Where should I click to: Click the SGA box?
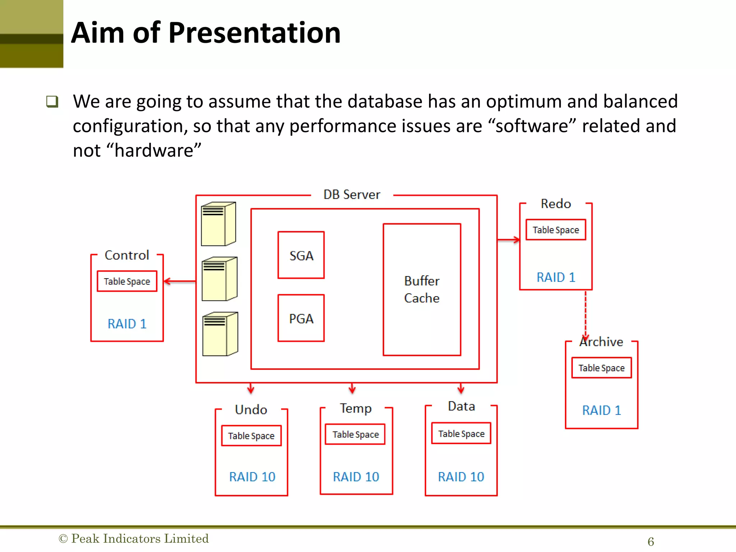click(301, 255)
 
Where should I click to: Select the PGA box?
click(301, 318)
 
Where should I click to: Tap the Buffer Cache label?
click(422, 289)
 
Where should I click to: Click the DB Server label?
click(351, 195)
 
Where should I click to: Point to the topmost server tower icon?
click(218, 224)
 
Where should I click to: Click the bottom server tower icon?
click(220, 334)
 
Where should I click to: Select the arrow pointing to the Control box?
click(179, 281)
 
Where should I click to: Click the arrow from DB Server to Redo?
click(509, 240)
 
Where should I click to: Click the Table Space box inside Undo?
click(251, 436)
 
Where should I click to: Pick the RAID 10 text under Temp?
click(356, 477)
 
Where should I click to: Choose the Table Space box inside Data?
click(461, 433)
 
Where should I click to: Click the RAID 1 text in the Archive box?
click(601, 410)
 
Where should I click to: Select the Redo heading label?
click(556, 204)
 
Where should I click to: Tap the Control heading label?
click(126, 255)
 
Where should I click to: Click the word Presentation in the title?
click(254, 33)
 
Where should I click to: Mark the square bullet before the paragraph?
click(52, 102)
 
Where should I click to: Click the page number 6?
click(650, 541)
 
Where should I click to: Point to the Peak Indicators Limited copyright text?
click(134, 538)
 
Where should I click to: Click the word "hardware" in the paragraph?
click(157, 150)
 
